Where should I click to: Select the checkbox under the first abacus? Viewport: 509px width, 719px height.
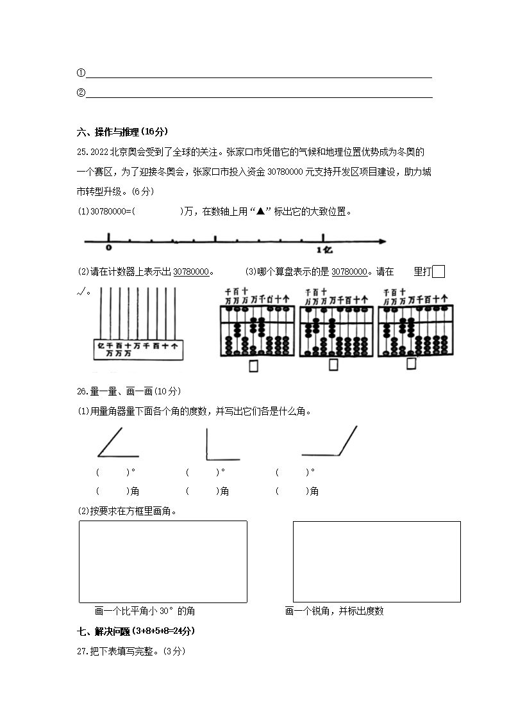[253, 366]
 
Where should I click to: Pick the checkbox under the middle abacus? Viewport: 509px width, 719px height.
[333, 365]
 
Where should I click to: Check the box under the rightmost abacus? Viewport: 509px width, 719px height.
[411, 364]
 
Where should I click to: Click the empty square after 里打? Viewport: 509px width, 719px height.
[438, 271]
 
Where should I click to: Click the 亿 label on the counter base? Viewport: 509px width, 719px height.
[100, 345]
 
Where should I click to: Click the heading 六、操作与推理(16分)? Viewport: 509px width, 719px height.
[122, 132]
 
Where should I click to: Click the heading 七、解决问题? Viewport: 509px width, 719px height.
[135, 631]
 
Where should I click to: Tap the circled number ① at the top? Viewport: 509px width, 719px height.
[81, 73]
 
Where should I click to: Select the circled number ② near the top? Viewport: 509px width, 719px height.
[81, 93]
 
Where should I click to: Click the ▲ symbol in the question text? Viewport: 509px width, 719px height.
[260, 212]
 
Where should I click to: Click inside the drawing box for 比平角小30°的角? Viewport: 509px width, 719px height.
[163, 561]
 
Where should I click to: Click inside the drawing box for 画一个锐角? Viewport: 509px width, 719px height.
[376, 561]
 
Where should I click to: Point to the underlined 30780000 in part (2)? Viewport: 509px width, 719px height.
[191, 272]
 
